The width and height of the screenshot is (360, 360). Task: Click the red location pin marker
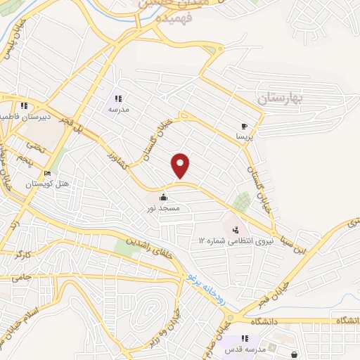(181, 165)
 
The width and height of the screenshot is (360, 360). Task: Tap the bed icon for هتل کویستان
(47, 174)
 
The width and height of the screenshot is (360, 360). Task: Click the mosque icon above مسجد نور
(164, 198)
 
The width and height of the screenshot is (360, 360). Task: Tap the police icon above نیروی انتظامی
(236, 229)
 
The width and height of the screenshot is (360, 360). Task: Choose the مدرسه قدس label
(244, 349)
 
